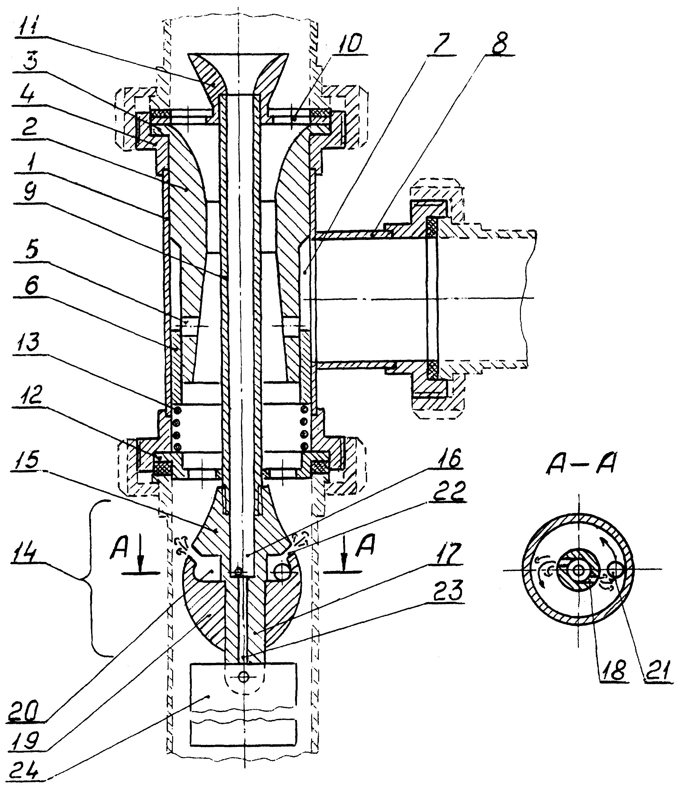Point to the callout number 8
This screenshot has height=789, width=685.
499,43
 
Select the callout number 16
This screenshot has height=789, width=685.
450,458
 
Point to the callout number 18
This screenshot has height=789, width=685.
613,669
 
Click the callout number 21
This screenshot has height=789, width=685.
657,669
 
